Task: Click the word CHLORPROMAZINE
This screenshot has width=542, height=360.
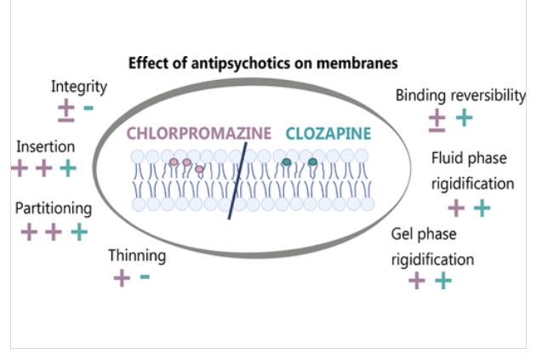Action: [199, 133]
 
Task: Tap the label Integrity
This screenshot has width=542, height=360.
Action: [79, 86]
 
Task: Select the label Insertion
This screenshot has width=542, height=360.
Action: [45, 146]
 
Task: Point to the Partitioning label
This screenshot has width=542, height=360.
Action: [54, 209]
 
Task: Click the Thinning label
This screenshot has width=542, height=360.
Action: [137, 255]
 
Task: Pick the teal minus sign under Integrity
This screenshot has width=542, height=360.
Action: [88, 108]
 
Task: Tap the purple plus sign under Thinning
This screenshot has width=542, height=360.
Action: [122, 277]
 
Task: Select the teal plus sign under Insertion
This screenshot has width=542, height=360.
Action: [68, 168]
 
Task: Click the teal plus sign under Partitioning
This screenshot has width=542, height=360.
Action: [78, 231]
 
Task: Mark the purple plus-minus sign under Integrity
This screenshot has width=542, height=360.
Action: [66, 109]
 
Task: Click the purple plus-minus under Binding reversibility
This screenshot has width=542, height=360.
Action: [436, 119]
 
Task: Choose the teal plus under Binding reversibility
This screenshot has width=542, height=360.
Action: [464, 117]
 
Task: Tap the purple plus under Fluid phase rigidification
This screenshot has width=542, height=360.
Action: [456, 207]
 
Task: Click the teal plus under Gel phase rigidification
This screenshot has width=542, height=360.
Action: [442, 280]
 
